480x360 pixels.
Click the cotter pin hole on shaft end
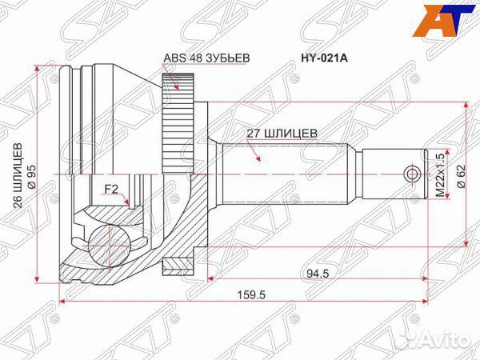point(412,174)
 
